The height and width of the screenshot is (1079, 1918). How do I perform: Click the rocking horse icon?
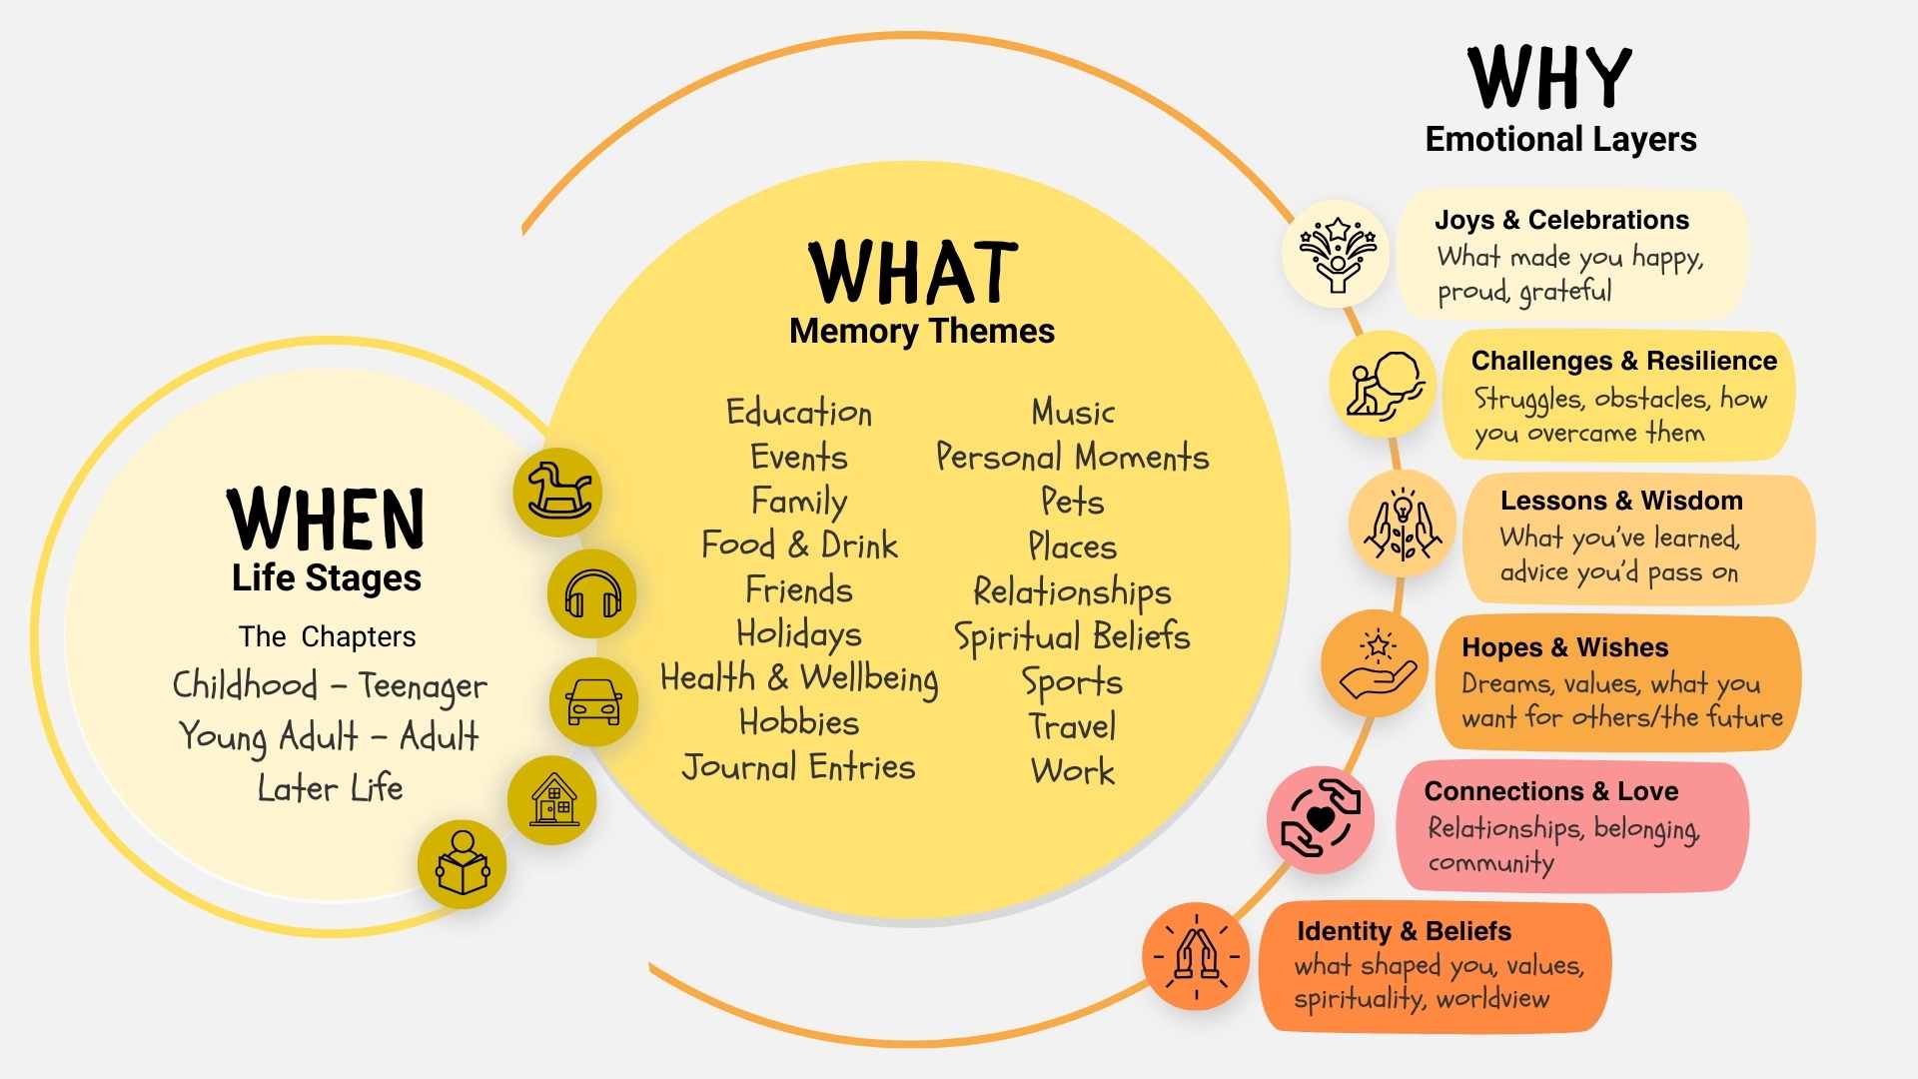(x=557, y=492)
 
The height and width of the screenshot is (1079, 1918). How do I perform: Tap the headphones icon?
(x=592, y=594)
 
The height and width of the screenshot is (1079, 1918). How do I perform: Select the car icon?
(x=593, y=701)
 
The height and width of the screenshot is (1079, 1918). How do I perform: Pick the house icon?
(x=552, y=800)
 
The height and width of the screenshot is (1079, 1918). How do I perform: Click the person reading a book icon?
(x=462, y=864)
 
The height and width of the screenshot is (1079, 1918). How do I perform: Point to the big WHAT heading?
(x=913, y=272)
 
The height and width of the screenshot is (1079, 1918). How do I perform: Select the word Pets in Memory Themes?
(x=1072, y=502)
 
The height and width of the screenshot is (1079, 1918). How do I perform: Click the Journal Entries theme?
(x=798, y=767)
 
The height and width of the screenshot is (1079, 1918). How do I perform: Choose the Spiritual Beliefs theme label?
(x=1072, y=636)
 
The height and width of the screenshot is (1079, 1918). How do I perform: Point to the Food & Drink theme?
(x=799, y=545)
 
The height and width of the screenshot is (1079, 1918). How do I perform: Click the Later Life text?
(x=330, y=788)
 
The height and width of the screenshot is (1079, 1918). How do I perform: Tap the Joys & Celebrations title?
(x=1561, y=220)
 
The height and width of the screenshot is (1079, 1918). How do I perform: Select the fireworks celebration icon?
(x=1337, y=254)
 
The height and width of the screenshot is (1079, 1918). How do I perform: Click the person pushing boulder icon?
(x=1383, y=385)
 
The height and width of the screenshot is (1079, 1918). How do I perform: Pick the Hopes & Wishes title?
(x=1564, y=647)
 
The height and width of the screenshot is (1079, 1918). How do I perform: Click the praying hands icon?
(x=1196, y=956)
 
